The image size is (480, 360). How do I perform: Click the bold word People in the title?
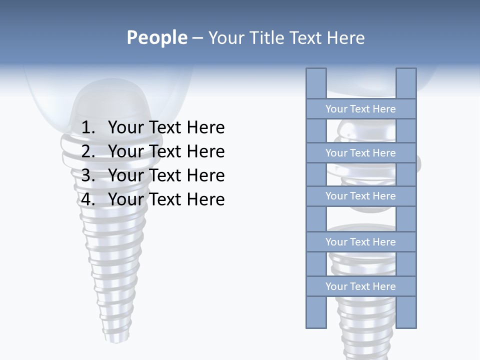pyautogui.click(x=156, y=38)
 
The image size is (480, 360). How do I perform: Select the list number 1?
pyautogui.click(x=87, y=128)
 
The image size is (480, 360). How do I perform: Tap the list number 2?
pyautogui.click(x=87, y=151)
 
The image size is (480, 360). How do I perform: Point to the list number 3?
pyautogui.click(x=87, y=175)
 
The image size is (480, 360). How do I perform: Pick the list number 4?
pyautogui.click(x=87, y=199)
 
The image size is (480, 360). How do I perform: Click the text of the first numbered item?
pyautogui.click(x=166, y=128)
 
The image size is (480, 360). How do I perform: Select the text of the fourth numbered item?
pyautogui.click(x=166, y=199)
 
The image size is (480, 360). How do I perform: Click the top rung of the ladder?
pyautogui.click(x=360, y=109)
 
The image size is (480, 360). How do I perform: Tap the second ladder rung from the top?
pyautogui.click(x=360, y=153)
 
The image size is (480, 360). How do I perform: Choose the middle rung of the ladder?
pyautogui.click(x=360, y=196)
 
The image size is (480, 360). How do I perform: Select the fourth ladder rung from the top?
pyautogui.click(x=360, y=242)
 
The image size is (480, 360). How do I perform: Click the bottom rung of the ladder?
pyautogui.click(x=360, y=286)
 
